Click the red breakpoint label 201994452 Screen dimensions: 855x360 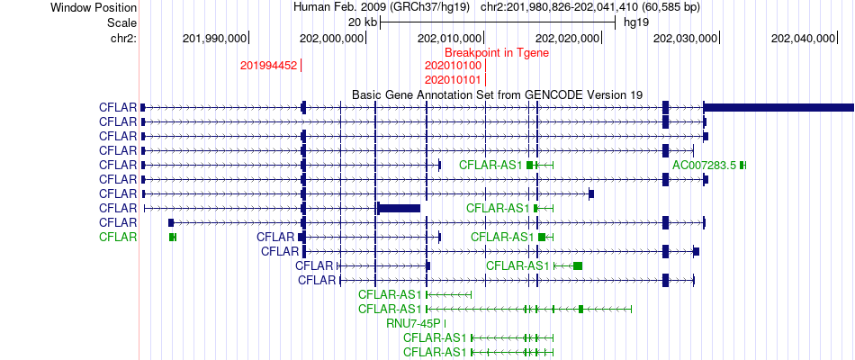tap(269, 66)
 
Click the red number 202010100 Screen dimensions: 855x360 tap(453, 66)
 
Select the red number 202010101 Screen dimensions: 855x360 tap(453, 79)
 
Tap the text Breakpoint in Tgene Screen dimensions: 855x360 tap(497, 53)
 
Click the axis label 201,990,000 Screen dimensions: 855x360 tap(215, 38)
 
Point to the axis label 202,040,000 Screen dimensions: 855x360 tap(803, 38)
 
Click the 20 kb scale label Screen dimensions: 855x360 tap(363, 22)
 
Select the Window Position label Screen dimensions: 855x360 tap(94, 7)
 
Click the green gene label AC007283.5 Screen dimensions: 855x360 tap(705, 165)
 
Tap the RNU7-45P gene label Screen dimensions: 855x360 tap(413, 323)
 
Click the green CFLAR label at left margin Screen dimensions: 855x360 tap(118, 237)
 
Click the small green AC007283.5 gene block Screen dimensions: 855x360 tap(742, 165)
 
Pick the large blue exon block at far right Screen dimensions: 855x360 tap(779, 107)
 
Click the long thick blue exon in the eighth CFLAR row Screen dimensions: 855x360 tap(399, 208)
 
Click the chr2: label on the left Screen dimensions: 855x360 tap(124, 38)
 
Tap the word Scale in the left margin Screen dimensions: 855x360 tap(122, 22)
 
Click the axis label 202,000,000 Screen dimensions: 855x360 tap(331, 38)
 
